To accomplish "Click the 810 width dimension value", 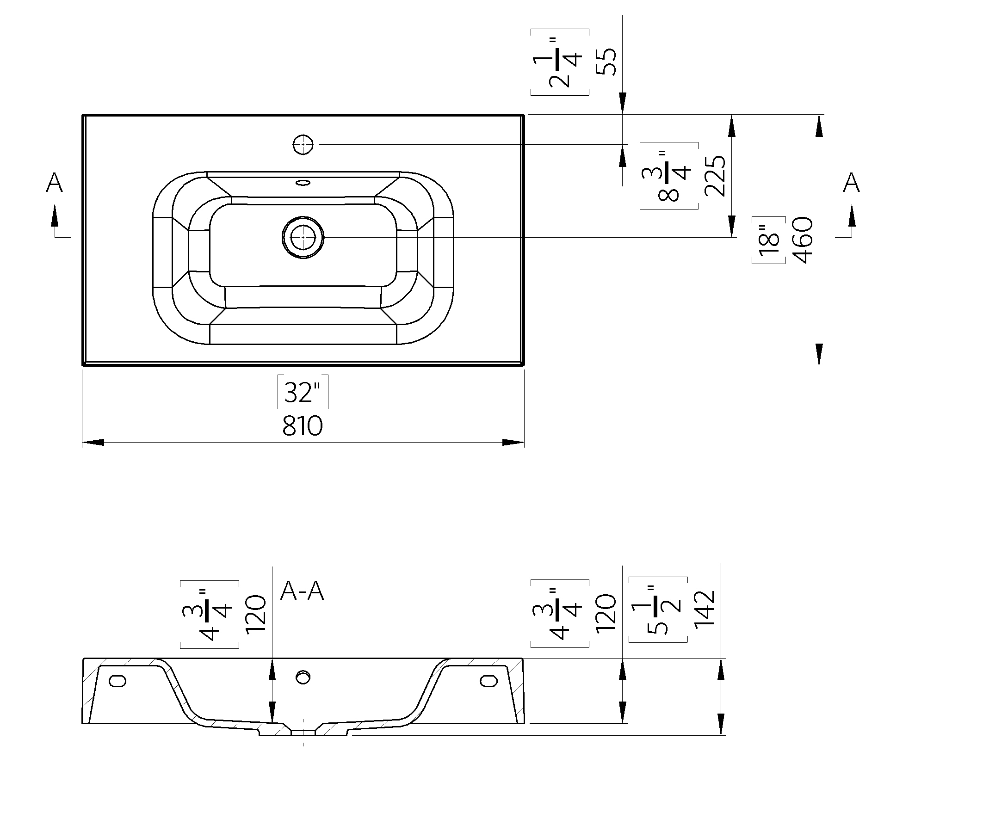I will [x=303, y=426].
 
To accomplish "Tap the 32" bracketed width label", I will [x=303, y=392].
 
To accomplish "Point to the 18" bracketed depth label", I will [x=769, y=240].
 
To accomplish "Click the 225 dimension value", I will [x=715, y=176].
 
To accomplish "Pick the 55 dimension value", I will [x=606, y=62].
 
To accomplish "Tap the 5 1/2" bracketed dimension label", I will [x=658, y=610].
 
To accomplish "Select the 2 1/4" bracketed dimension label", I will [x=560, y=62].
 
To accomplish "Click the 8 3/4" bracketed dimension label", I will [x=669, y=176].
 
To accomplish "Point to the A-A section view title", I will [x=302, y=592].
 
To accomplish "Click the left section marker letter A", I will [x=54, y=183].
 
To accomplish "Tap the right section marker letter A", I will [x=851, y=183].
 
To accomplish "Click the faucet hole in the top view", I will [x=303, y=145].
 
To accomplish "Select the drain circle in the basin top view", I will [x=303, y=237].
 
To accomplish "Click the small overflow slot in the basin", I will [x=303, y=182].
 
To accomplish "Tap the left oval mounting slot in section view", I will [x=117, y=680].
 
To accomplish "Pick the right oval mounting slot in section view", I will [x=488, y=680].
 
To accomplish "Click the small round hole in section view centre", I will [x=303, y=677].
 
